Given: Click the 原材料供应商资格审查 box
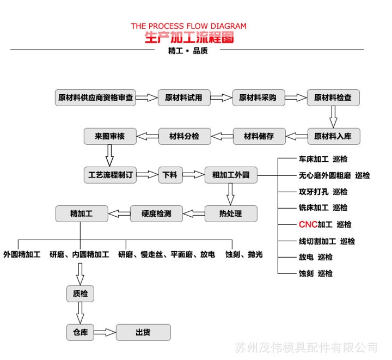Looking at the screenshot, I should click(x=96, y=98).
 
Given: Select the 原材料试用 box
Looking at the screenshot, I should click(x=183, y=98).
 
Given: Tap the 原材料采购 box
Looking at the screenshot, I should click(x=258, y=98).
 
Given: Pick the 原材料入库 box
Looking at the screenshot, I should click(x=333, y=136).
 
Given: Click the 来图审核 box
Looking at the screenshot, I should click(x=109, y=136).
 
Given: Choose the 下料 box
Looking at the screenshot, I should click(x=170, y=175).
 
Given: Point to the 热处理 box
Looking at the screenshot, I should click(x=230, y=213).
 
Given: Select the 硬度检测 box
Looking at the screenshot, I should click(x=156, y=213).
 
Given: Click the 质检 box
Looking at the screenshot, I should click(x=80, y=294).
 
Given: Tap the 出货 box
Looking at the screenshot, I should click(x=143, y=332).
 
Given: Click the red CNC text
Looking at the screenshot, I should click(x=308, y=224).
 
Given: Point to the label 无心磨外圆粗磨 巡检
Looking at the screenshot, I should click(x=334, y=175).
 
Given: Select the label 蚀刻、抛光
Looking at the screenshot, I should click(x=244, y=254).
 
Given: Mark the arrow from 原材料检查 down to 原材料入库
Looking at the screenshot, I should click(x=333, y=117).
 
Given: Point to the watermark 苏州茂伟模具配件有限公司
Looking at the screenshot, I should click(x=306, y=347).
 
